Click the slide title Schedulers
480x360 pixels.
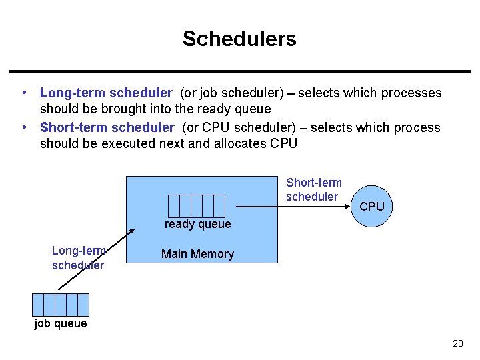coord(239,39)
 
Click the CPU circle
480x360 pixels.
coord(372,207)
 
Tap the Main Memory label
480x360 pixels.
coord(197,254)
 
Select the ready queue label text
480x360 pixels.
coord(197,224)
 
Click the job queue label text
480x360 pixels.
coord(61,323)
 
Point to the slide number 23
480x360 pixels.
coord(457,344)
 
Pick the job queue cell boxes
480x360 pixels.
coord(61,304)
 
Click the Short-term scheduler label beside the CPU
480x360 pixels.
coord(313,189)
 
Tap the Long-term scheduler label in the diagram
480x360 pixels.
coord(78,258)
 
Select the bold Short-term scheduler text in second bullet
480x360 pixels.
coord(107,127)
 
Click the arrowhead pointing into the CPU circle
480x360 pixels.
coord(347,207)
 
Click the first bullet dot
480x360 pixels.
coord(23,93)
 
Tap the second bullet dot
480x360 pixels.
coord(23,127)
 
